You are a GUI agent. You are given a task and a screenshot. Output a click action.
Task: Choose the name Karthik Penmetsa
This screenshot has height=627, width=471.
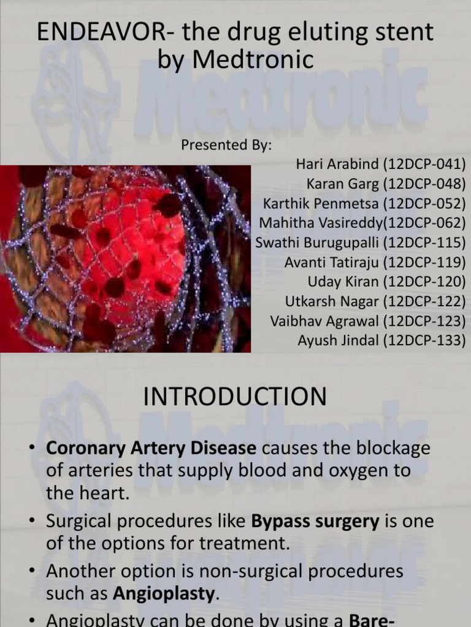tap(319, 204)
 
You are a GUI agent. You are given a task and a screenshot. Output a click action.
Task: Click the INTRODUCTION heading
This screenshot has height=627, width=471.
tap(235, 397)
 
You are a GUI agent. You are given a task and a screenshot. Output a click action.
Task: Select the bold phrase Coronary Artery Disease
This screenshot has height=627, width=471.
tap(151, 448)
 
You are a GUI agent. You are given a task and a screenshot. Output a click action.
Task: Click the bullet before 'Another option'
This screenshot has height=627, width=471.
tap(32, 571)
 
